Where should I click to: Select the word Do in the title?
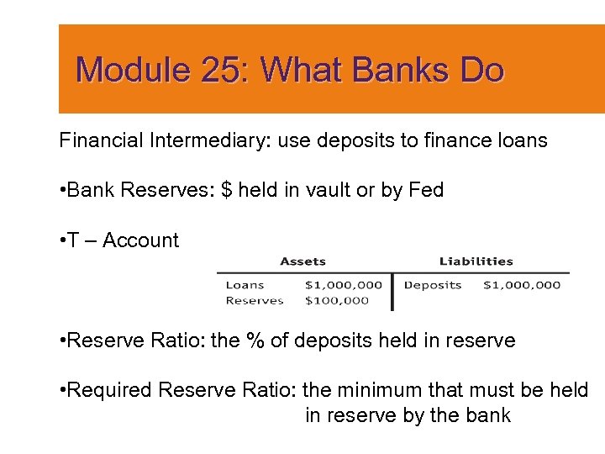(482, 70)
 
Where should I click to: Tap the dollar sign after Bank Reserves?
(226, 190)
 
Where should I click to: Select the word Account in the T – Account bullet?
(140, 240)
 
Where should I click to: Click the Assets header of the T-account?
(302, 261)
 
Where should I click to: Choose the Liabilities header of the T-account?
(476, 261)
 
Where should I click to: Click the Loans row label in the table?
(245, 285)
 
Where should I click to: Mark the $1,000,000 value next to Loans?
(343, 285)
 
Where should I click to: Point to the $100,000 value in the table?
(337, 300)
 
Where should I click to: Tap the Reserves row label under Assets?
(255, 300)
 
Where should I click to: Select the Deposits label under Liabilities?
(433, 285)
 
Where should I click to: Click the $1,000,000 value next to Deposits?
(522, 285)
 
